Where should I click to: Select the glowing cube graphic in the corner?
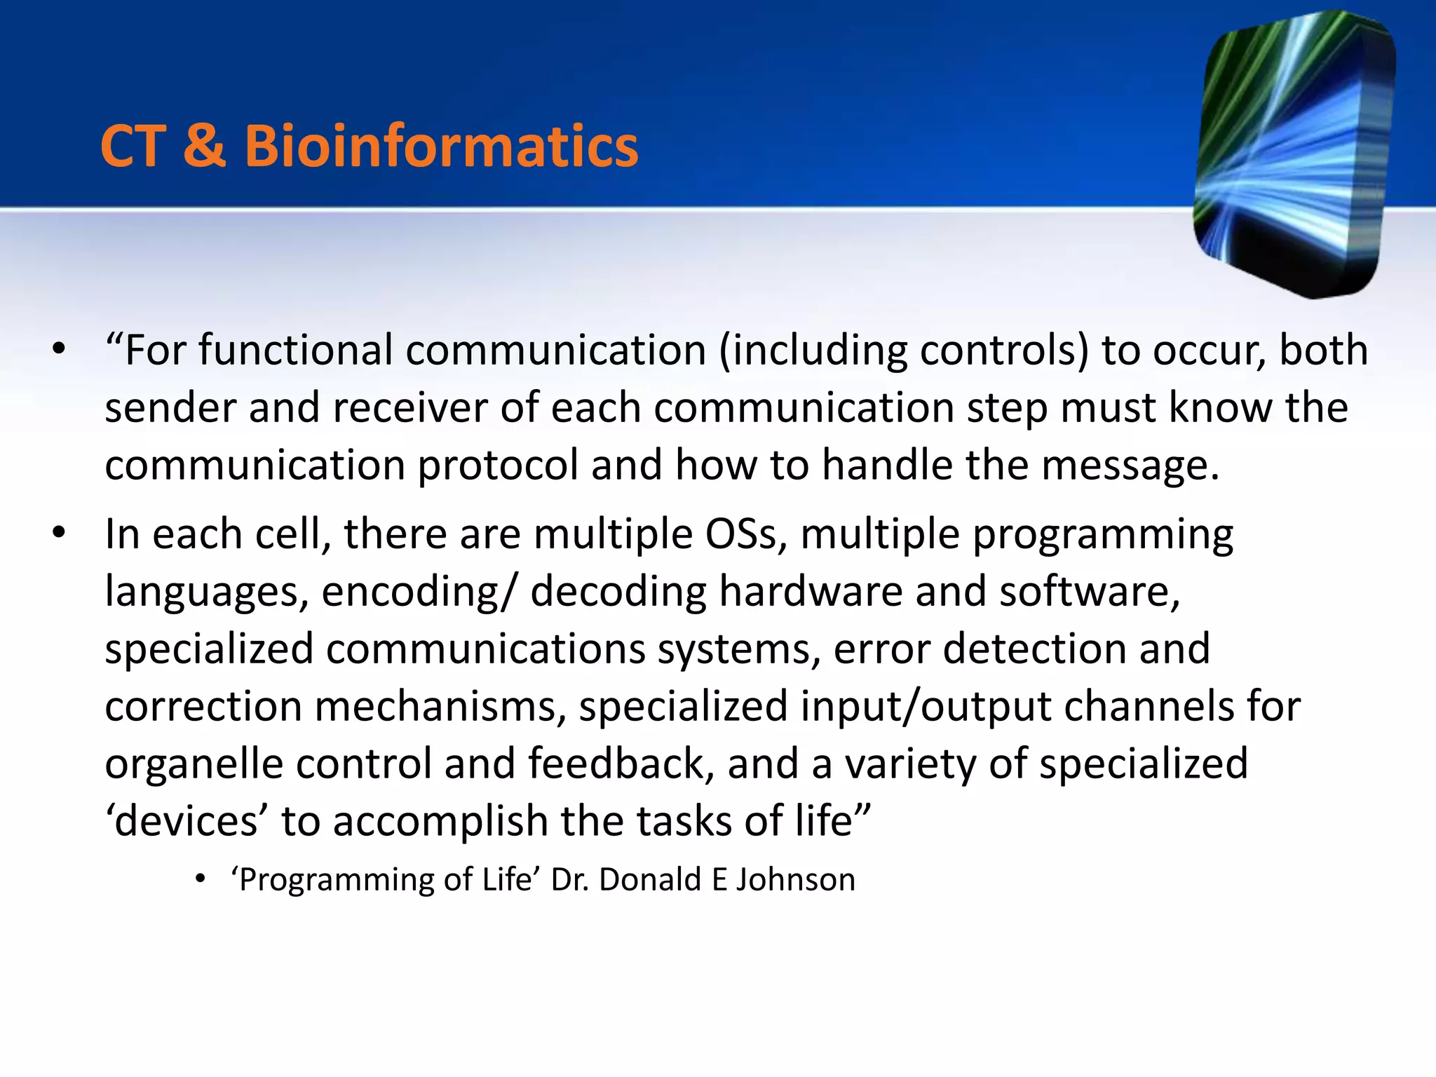pos(1294,154)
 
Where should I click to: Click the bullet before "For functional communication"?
pos(59,349)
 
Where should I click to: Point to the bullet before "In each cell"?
pos(59,534)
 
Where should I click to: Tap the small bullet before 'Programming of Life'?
pos(201,879)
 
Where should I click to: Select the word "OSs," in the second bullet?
pos(746,534)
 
